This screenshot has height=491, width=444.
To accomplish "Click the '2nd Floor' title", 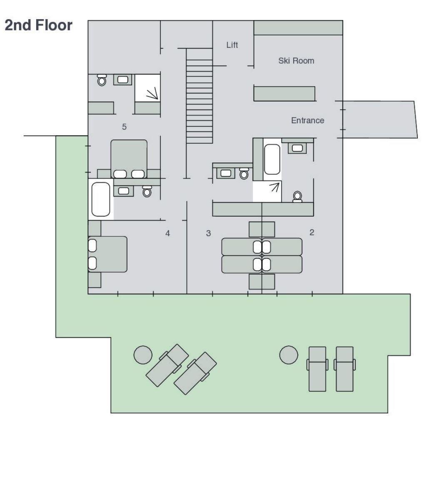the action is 38,25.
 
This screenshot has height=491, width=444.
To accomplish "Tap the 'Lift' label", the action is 232,45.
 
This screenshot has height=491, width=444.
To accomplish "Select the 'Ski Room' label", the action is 296,61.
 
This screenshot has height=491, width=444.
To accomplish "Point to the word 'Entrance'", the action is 308,120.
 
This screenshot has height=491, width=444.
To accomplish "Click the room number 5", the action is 124,127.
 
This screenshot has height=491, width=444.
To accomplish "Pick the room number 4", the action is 167,233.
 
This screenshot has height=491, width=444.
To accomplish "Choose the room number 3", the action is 208,233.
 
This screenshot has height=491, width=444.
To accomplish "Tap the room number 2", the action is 312,232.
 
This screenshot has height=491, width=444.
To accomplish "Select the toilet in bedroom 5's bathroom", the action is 102,80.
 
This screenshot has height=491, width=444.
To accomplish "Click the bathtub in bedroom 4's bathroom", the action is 100,199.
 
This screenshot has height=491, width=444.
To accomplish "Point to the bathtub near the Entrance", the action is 272,159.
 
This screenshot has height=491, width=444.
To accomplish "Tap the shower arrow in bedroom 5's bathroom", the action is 152,94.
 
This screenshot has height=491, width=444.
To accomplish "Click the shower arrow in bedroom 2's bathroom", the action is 274,187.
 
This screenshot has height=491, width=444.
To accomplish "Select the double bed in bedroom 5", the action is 129,159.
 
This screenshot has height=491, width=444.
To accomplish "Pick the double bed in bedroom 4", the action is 107,254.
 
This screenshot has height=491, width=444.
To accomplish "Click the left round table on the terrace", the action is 143,355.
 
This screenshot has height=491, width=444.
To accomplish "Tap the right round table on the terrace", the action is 289,355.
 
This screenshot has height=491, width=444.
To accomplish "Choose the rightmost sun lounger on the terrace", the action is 345,369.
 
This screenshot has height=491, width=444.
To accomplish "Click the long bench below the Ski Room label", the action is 284,94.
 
